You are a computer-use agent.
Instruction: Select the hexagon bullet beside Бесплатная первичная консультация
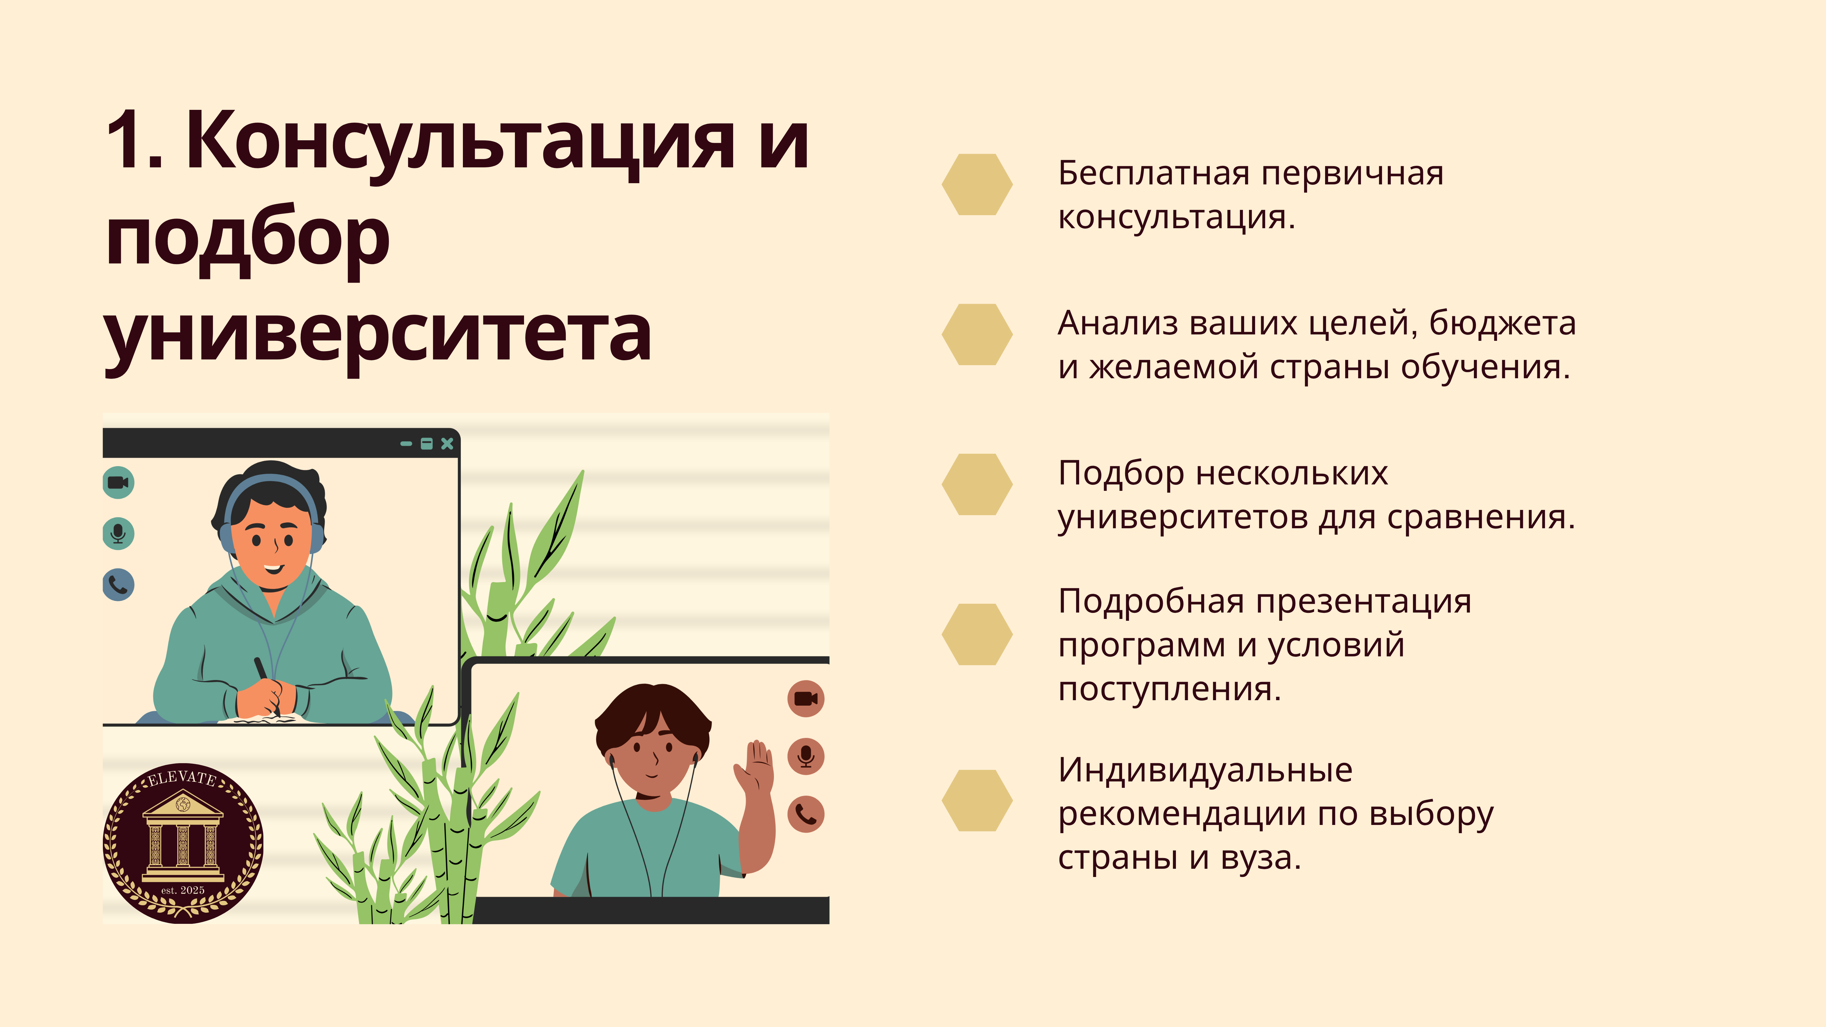click(x=977, y=184)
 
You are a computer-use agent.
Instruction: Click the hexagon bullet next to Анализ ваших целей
click(x=977, y=334)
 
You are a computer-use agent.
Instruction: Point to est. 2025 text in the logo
click(x=183, y=890)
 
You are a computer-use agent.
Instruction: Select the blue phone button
click(x=118, y=585)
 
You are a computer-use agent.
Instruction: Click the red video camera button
click(x=806, y=699)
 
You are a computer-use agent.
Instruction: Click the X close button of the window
click(x=447, y=444)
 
